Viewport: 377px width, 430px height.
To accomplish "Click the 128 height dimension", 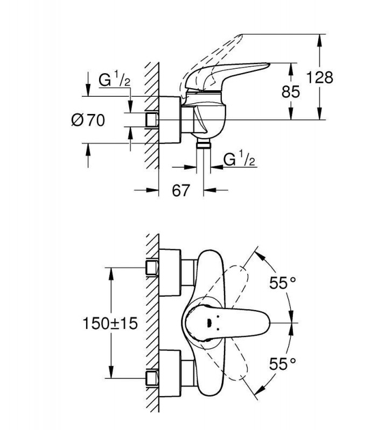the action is [x=320, y=77].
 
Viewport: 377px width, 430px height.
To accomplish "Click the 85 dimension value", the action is [x=291, y=91].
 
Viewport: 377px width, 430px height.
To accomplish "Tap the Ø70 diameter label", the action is [x=88, y=120].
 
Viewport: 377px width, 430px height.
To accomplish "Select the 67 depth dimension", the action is [x=181, y=190].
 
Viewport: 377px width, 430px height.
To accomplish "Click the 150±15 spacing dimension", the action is [x=110, y=323].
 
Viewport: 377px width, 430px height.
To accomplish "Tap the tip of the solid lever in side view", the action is [x=270, y=64].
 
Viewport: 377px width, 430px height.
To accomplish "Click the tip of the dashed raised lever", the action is [x=241, y=35].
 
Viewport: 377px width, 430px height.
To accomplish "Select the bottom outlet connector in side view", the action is [x=204, y=144].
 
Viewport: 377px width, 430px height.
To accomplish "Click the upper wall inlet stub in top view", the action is [x=152, y=268].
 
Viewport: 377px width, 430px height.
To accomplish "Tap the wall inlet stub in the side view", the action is [x=152, y=120].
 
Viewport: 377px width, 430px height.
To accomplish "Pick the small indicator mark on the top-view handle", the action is [x=208, y=323].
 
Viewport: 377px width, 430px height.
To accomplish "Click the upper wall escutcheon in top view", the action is [x=170, y=273].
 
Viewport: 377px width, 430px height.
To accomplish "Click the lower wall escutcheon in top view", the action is [x=170, y=374].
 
